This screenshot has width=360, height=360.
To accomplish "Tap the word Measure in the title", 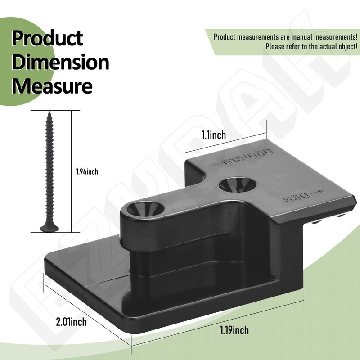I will (x=52, y=85).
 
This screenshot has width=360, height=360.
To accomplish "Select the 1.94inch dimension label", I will (x=87, y=171).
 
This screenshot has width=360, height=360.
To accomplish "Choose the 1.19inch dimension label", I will (x=234, y=331).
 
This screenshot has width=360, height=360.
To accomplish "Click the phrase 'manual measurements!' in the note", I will (x=315, y=36).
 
